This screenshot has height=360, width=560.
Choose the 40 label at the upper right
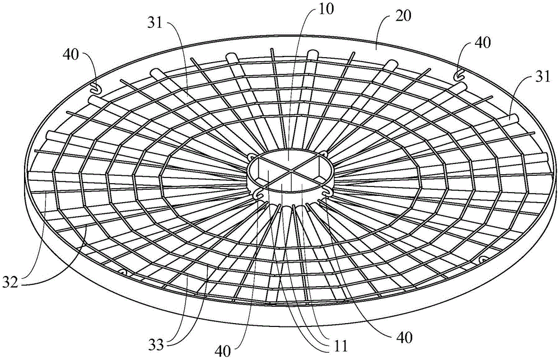pyautogui.click(x=481, y=42)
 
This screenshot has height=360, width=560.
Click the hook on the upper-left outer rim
pyautogui.click(x=95, y=87)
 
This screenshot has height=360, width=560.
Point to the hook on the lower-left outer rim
pyautogui.click(x=124, y=272)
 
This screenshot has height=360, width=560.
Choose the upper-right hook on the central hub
pyautogui.click(x=323, y=153)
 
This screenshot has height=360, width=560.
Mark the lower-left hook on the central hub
pyautogui.click(x=258, y=194)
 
